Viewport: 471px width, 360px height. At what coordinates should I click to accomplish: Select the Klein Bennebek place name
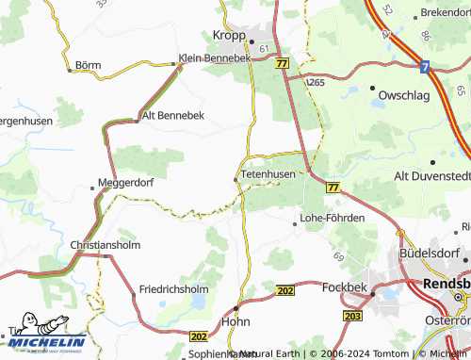(215, 58)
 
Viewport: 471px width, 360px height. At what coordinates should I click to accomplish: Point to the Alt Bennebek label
(172, 116)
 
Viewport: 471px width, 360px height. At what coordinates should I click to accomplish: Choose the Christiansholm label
(107, 245)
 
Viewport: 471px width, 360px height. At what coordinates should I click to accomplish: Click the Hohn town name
(242, 320)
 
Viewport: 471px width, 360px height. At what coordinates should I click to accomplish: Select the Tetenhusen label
(268, 174)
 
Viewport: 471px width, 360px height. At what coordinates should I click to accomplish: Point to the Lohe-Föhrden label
(332, 218)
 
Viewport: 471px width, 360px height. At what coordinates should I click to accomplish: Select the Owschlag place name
(402, 95)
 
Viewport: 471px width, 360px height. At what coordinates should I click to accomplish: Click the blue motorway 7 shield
(425, 67)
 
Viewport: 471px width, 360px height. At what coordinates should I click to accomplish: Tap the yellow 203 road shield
(351, 316)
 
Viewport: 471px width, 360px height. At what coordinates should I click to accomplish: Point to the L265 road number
(315, 82)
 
